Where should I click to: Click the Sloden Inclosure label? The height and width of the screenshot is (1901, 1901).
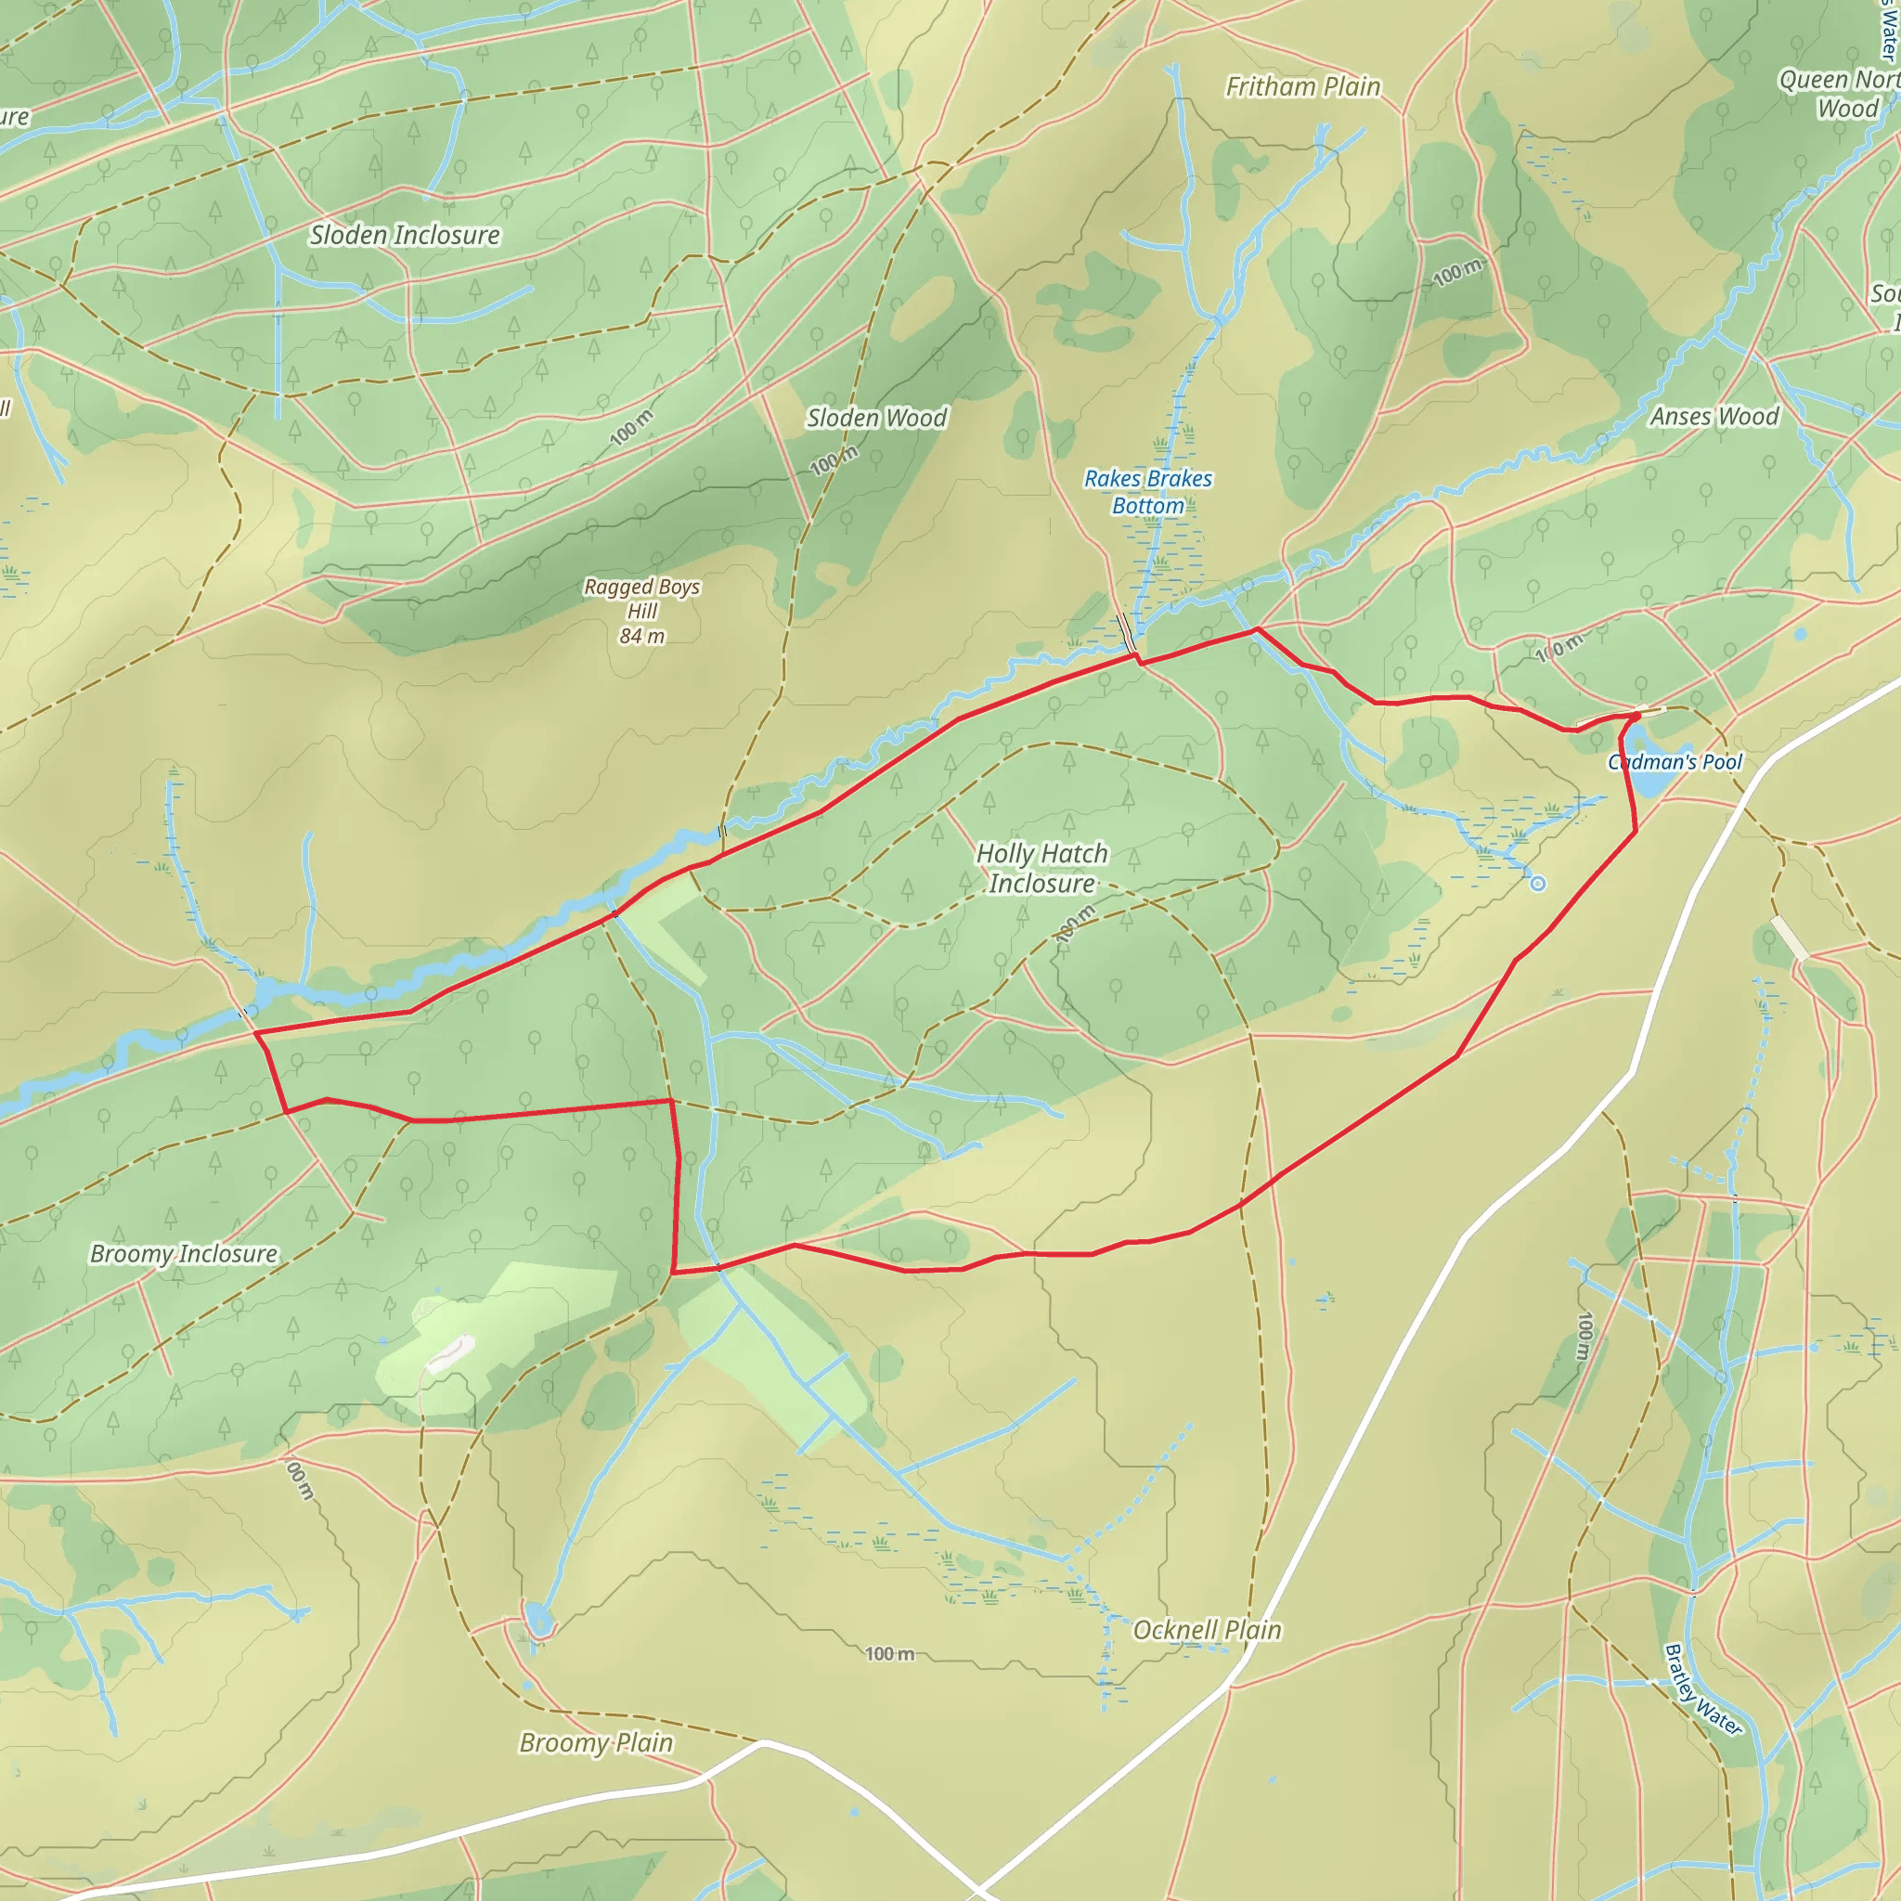point(405,235)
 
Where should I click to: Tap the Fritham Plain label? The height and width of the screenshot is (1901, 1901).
point(1302,87)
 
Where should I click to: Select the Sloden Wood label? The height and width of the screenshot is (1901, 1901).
point(876,419)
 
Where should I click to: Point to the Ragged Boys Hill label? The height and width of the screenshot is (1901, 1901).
point(641,600)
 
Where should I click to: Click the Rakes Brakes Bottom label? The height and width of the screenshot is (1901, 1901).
point(1148,492)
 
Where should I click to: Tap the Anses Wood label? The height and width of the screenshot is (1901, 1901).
point(1714,416)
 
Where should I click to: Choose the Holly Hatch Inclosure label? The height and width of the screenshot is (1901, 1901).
point(1042,868)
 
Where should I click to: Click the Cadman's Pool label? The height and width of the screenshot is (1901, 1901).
point(1675,761)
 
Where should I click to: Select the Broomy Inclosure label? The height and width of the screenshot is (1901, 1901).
point(184,1253)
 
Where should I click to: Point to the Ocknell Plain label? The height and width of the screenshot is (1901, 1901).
point(1208,1630)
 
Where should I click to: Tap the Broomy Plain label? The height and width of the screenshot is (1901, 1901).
point(596,1742)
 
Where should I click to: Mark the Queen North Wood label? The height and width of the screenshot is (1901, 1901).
point(1838,94)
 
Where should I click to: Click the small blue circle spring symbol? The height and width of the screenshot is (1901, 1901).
point(1538,885)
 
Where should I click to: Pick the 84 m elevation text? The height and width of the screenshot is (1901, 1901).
point(641,637)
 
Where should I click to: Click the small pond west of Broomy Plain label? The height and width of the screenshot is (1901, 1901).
point(537,1617)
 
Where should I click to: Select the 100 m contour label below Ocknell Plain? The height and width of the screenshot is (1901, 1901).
point(889,1654)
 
